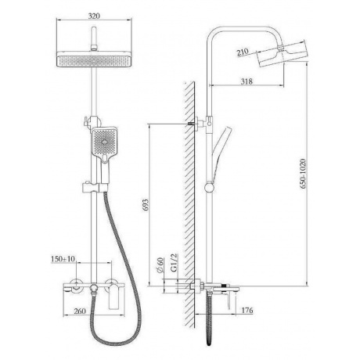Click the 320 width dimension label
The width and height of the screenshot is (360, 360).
[x=94, y=16]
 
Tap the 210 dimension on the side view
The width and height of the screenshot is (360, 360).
[x=243, y=52]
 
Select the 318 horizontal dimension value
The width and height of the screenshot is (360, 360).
[x=247, y=81]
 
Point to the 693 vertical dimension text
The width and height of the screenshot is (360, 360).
[x=146, y=205]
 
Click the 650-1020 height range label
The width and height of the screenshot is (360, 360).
[x=303, y=174]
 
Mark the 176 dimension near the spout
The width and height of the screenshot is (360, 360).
[x=247, y=310]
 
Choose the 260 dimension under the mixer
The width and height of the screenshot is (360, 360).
[x=80, y=311]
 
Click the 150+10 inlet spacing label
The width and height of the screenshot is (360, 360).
[x=63, y=259]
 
